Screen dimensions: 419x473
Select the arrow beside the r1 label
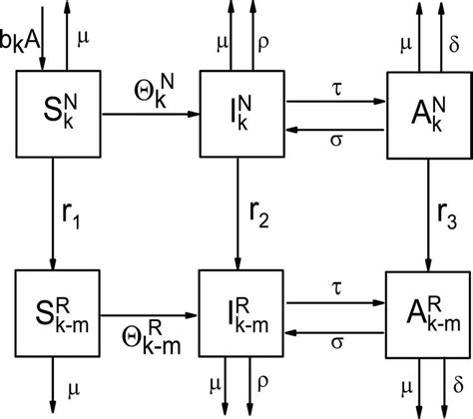45,209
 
